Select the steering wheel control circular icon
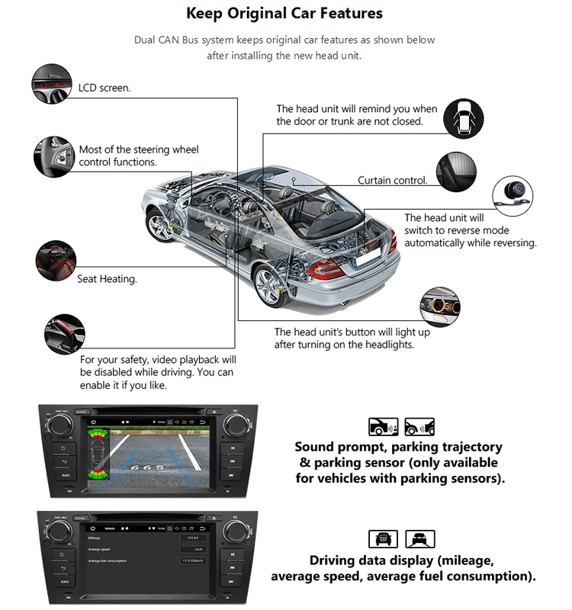(53, 156)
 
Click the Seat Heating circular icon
(56, 260)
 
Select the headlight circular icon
(440, 307)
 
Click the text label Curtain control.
(393, 181)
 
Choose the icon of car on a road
(419, 539)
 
